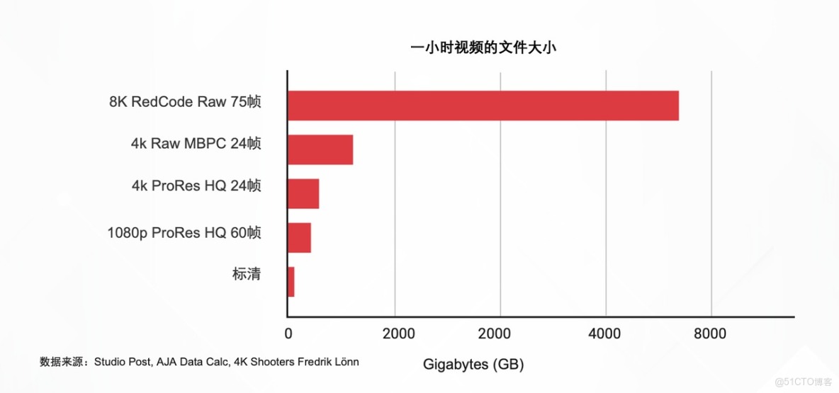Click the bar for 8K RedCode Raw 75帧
click(483, 106)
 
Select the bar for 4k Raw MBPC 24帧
click(320, 149)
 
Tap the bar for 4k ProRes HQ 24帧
click(303, 193)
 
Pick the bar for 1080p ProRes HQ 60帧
click(299, 237)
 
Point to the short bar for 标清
click(291, 281)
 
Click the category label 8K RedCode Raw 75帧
click(185, 101)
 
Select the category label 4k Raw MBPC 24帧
click(196, 144)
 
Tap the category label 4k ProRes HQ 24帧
click(196, 186)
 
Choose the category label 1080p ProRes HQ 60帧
click(184, 232)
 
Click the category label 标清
click(246, 274)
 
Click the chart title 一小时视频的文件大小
click(486, 48)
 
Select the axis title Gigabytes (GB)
click(473, 365)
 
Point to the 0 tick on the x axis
click(288, 334)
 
